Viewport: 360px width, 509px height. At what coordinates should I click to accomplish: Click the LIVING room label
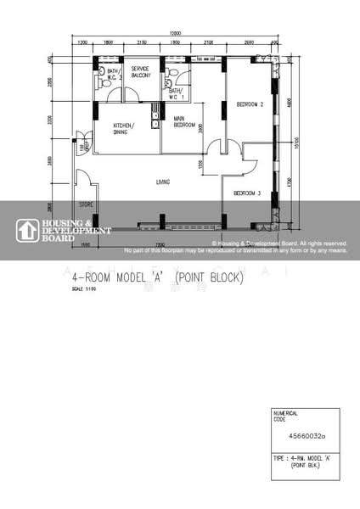(x=161, y=182)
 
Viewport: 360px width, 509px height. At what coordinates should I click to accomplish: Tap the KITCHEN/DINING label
(x=128, y=130)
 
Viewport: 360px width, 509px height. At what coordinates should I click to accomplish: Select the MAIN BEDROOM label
(x=184, y=121)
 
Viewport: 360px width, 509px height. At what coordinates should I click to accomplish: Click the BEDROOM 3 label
(x=246, y=193)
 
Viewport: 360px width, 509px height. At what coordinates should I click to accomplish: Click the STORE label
(x=85, y=204)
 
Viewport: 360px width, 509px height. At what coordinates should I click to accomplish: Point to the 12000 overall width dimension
(x=177, y=32)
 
